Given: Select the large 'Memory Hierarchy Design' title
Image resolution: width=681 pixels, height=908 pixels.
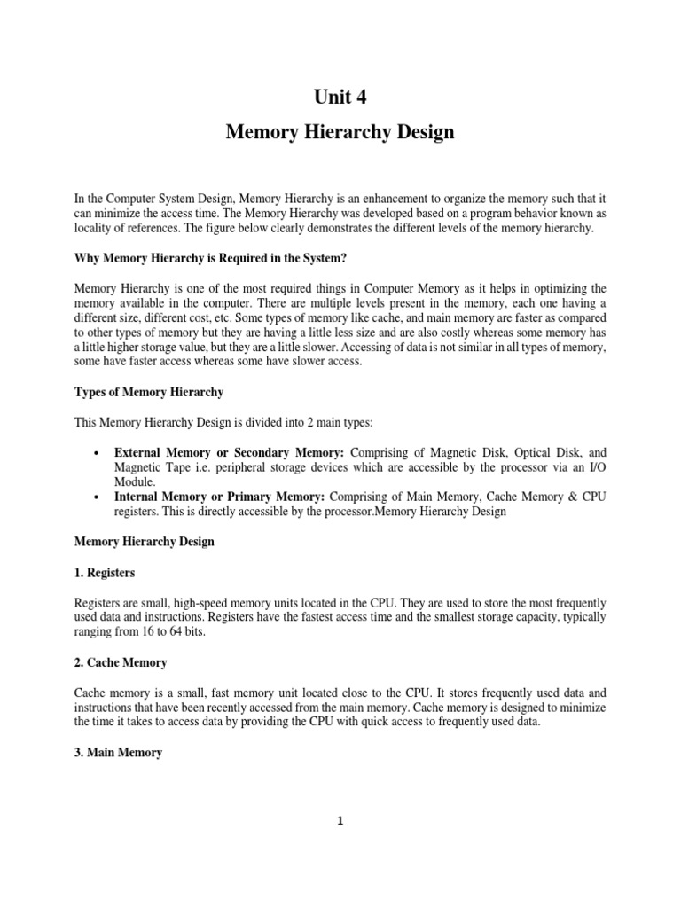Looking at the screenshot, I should coord(340,132).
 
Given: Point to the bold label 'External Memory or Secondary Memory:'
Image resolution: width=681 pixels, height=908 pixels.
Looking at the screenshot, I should coord(230,452).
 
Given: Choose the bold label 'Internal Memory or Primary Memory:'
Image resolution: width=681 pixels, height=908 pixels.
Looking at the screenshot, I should coord(220,497).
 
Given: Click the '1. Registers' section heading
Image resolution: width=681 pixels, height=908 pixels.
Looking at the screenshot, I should coord(106,573).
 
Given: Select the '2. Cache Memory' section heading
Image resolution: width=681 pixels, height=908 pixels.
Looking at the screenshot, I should coord(120,662).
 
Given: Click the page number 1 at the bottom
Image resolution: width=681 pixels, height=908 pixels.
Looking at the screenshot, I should coord(340,821).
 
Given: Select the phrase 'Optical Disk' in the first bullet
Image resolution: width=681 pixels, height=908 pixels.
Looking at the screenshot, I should coord(537,452).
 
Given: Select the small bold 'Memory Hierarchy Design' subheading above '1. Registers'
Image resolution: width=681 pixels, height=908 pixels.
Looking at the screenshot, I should coord(143,542).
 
